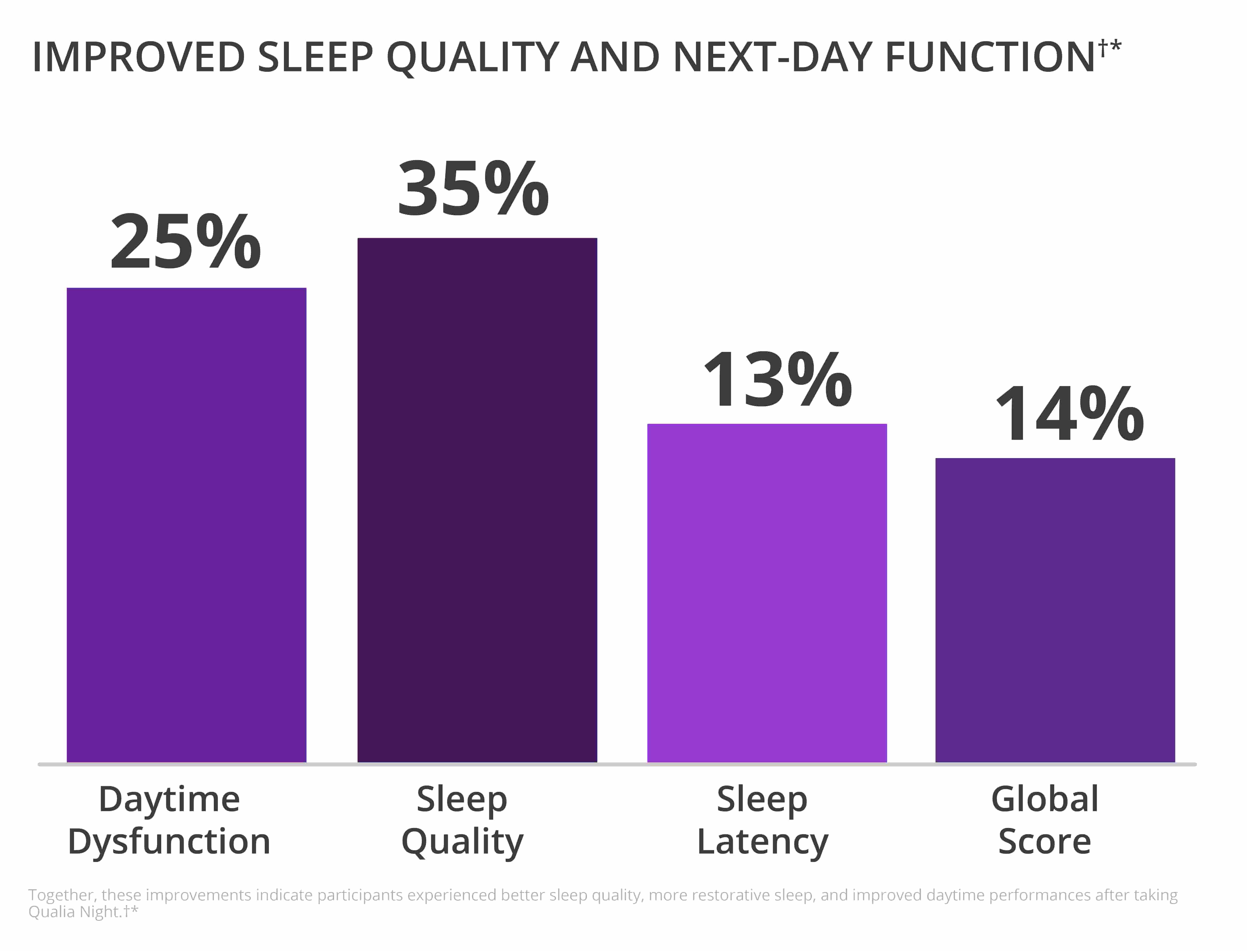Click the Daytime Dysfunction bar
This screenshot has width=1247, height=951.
click(186, 525)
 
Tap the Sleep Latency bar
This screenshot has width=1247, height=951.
click(767, 593)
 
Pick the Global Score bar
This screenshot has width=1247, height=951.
click(1055, 610)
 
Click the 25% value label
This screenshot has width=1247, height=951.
click(186, 242)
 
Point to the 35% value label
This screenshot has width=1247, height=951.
click(474, 188)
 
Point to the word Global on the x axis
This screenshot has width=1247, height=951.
click(1045, 799)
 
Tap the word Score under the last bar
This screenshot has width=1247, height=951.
click(1044, 841)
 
